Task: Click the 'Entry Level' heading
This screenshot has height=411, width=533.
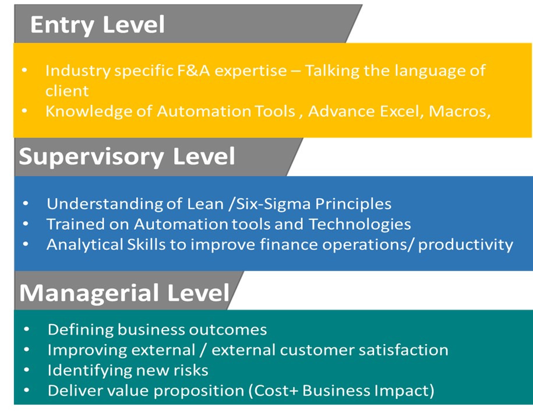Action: [x=97, y=25]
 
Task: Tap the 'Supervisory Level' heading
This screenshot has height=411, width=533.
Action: [x=127, y=156]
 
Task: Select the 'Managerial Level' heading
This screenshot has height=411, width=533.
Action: [x=125, y=293]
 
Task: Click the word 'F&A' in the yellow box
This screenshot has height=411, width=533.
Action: [x=193, y=71]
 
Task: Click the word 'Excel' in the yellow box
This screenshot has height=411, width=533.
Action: [x=402, y=111]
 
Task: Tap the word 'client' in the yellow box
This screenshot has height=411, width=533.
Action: [x=67, y=91]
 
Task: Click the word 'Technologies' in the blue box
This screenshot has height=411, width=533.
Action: [x=360, y=224]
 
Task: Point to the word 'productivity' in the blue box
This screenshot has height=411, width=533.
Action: [x=465, y=245]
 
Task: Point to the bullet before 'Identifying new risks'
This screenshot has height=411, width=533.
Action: [x=27, y=370]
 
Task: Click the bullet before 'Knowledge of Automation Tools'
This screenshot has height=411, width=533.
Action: [x=24, y=111]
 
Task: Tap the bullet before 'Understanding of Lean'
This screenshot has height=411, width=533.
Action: [x=26, y=203]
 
